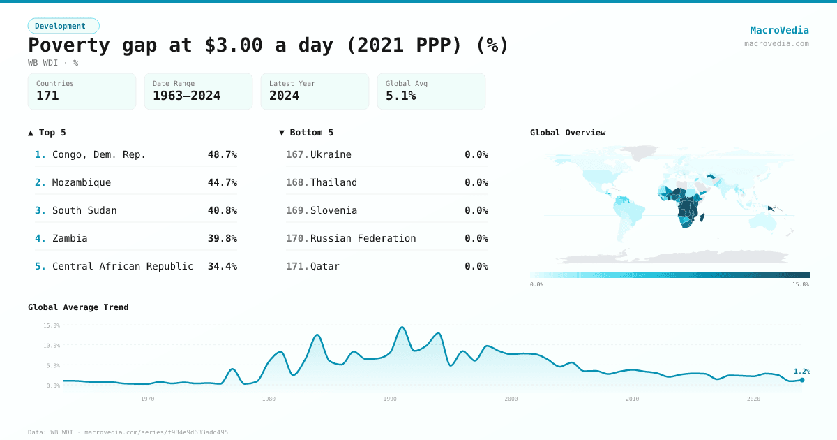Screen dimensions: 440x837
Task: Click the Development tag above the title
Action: pyautogui.click(x=63, y=26)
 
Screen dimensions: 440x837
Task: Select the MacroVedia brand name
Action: pyautogui.click(x=779, y=30)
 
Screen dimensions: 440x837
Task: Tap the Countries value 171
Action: pyautogui.click(x=47, y=96)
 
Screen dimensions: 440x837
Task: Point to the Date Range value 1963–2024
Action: pyautogui.click(x=186, y=96)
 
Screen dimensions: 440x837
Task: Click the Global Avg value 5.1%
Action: pyautogui.click(x=401, y=96)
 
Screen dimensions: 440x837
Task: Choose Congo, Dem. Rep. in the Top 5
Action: pyautogui.click(x=99, y=154)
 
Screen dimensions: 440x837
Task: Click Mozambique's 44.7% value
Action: pyautogui.click(x=222, y=182)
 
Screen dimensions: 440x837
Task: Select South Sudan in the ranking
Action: pyautogui.click(x=84, y=210)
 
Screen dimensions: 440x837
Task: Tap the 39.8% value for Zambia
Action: pyautogui.click(x=222, y=238)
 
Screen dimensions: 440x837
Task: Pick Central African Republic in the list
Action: pyautogui.click(x=123, y=266)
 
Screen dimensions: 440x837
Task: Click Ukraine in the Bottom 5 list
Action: pyautogui.click(x=331, y=154)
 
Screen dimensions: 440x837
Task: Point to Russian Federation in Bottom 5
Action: pyautogui.click(x=363, y=238)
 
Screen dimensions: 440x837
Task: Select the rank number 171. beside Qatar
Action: pyautogui.click(x=297, y=266)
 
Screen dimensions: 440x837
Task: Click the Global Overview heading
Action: pyautogui.click(x=568, y=133)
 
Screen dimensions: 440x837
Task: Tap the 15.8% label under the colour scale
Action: pyautogui.click(x=800, y=284)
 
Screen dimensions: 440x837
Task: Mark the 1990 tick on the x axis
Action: pyautogui.click(x=390, y=399)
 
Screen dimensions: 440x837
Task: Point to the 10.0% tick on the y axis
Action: pyautogui.click(x=52, y=346)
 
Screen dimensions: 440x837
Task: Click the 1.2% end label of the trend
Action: pyautogui.click(x=801, y=372)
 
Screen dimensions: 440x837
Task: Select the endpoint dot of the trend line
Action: pyautogui.click(x=801, y=380)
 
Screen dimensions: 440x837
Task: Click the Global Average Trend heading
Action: pyautogui.click(x=78, y=307)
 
